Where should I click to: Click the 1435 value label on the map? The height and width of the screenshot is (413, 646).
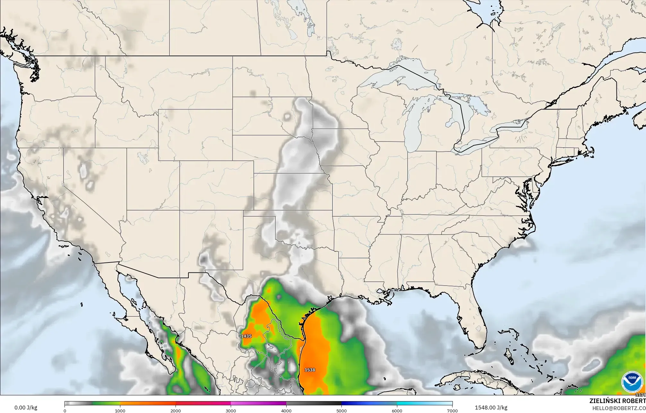pyautogui.click(x=246, y=336)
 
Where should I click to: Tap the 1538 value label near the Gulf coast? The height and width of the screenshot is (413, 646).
pyautogui.click(x=310, y=370)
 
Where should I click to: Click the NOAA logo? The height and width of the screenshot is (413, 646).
pyautogui.click(x=632, y=382)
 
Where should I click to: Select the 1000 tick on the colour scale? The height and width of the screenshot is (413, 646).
pyautogui.click(x=120, y=410)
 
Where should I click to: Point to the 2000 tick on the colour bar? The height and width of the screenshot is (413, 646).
pyautogui.click(x=176, y=410)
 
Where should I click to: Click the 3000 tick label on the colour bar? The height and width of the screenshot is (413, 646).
pyautogui.click(x=231, y=410)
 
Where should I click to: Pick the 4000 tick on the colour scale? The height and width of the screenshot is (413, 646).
pyautogui.click(x=286, y=410)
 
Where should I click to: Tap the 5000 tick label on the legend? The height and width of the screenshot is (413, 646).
pyautogui.click(x=341, y=410)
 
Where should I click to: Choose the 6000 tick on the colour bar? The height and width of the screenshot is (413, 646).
pyautogui.click(x=397, y=410)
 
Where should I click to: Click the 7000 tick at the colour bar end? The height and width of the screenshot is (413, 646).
pyautogui.click(x=452, y=410)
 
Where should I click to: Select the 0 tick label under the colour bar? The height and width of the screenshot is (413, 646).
pyautogui.click(x=65, y=410)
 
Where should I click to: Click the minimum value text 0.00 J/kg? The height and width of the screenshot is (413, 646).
pyautogui.click(x=26, y=408)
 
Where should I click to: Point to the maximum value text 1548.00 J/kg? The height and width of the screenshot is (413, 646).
pyautogui.click(x=491, y=408)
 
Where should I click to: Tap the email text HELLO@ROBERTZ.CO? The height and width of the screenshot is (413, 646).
pyautogui.click(x=619, y=408)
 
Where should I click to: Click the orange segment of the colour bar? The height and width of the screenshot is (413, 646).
pyautogui.click(x=148, y=403)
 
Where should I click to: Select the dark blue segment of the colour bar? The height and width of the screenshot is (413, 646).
pyautogui.click(x=369, y=403)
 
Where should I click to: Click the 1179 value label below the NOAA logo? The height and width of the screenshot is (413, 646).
pyautogui.click(x=641, y=395)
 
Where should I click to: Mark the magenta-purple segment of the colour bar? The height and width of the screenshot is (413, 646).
pyautogui.click(x=258, y=403)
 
